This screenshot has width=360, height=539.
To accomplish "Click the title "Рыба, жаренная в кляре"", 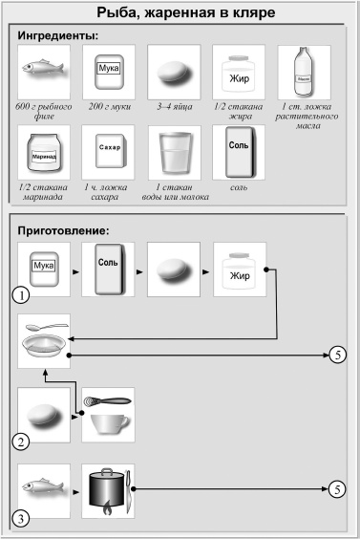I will click(180, 13).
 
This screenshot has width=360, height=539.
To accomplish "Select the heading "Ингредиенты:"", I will click(59, 36).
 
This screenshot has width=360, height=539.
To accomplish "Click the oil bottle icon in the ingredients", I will click(304, 72).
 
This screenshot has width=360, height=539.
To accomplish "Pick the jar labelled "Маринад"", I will click(43, 151).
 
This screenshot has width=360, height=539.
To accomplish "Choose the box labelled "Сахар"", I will click(108, 151).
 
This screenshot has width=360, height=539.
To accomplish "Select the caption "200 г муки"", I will click(108, 108).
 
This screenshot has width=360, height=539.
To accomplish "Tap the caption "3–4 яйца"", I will click(173, 108).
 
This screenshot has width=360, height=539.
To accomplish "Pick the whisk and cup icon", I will click(108, 414).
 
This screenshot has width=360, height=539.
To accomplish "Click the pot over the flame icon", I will click(108, 490).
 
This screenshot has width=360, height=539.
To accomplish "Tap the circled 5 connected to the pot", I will click(337, 490).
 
